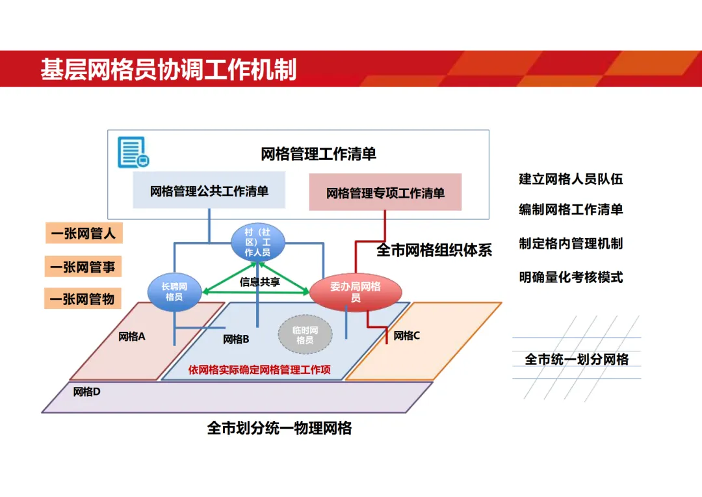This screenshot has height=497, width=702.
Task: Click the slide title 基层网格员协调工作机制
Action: [168, 69]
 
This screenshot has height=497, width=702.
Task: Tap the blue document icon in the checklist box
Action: [133, 152]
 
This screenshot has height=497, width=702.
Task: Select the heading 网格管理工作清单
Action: [318, 154]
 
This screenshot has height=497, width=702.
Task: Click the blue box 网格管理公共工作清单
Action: [209, 191]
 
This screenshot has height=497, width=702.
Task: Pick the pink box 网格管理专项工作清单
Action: [385, 193]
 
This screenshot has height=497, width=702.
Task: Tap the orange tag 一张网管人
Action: [84, 233]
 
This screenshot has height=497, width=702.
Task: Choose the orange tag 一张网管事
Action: [84, 267]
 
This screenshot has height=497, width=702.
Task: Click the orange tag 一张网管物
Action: [84, 299]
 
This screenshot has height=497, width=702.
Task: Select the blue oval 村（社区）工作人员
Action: [258, 242]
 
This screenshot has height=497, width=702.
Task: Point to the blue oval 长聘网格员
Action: [174, 291]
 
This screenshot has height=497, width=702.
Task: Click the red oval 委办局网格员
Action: [355, 291]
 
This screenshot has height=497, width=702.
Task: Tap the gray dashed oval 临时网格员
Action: [305, 335]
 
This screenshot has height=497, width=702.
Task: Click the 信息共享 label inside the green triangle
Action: [259, 282]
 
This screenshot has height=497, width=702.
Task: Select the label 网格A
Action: [132, 336]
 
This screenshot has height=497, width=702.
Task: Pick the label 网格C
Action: [407, 336]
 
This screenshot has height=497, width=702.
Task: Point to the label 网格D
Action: [86, 392]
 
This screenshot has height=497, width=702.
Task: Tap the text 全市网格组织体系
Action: [434, 250]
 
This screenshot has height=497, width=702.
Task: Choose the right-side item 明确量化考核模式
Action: [571, 277]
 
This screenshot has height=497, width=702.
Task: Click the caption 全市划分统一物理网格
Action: [279, 427]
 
